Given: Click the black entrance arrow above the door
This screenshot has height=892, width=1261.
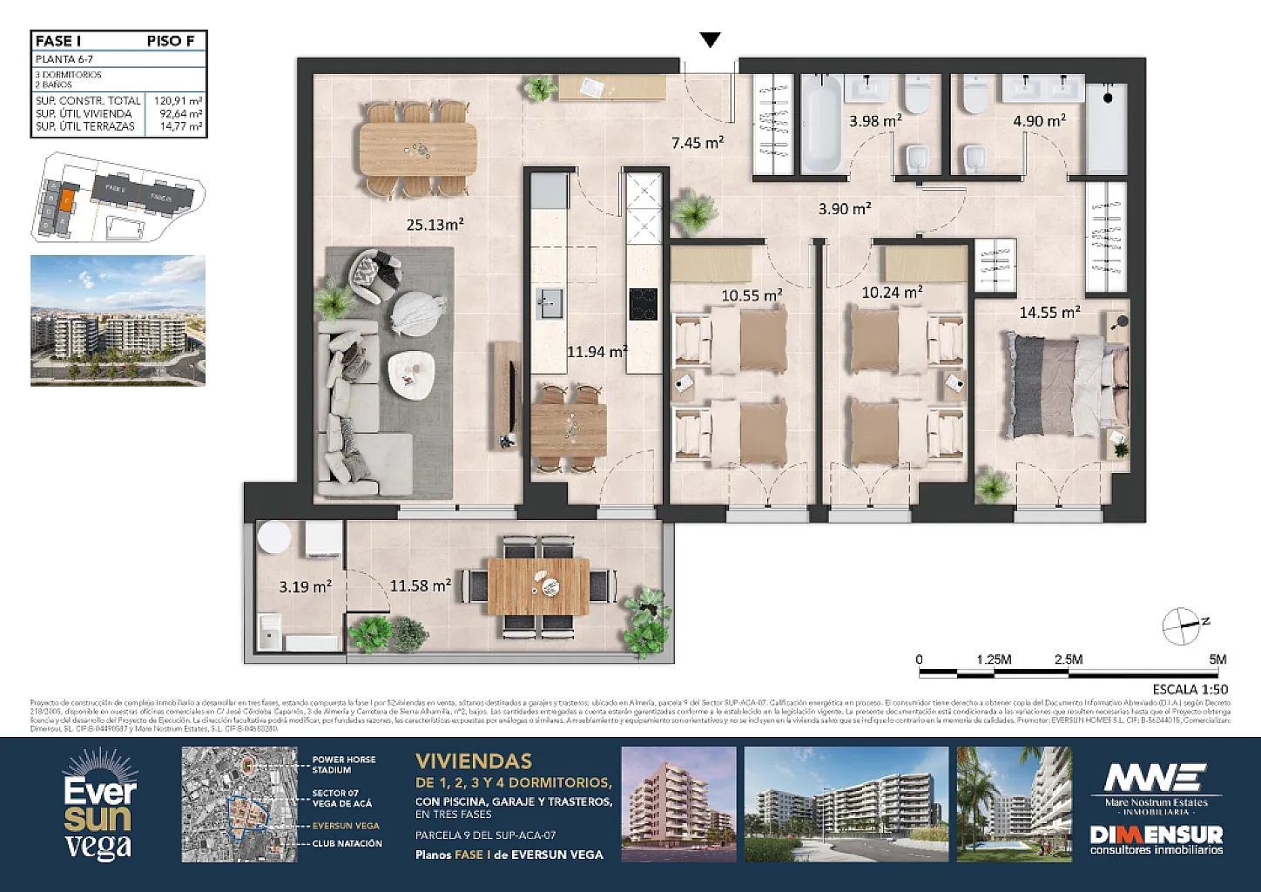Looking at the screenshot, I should pyautogui.click(x=711, y=39).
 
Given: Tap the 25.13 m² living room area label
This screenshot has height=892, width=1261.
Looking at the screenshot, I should pyautogui.click(x=435, y=225).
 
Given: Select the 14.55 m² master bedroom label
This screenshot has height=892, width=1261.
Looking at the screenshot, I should pyautogui.click(x=1049, y=312).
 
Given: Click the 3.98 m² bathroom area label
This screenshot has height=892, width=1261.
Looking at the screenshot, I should pyautogui.click(x=874, y=121).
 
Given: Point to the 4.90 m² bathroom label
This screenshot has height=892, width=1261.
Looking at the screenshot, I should pyautogui.click(x=1039, y=121).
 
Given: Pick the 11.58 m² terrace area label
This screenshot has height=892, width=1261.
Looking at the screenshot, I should pyautogui.click(x=420, y=586).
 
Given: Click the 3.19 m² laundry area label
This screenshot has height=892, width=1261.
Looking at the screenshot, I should pyautogui.click(x=305, y=587).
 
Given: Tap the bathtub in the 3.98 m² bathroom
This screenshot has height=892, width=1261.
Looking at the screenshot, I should pyautogui.click(x=820, y=125).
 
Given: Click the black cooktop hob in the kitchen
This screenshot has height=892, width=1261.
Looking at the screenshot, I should pyautogui.click(x=644, y=304).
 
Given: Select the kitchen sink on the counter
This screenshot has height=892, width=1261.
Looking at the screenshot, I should pyautogui.click(x=550, y=304).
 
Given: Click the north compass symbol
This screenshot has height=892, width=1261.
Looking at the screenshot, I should pyautogui.click(x=1183, y=624).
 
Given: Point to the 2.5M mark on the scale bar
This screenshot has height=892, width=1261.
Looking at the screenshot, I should pyautogui.click(x=1069, y=659).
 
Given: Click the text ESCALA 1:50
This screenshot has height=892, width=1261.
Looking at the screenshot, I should pyautogui.click(x=1190, y=689).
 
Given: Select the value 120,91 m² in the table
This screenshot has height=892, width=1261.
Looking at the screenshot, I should pyautogui.click(x=179, y=101).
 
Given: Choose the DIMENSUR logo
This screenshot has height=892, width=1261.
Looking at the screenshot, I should pyautogui.click(x=1156, y=840).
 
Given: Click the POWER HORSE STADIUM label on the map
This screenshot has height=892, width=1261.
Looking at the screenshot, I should pyautogui.click(x=344, y=765).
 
